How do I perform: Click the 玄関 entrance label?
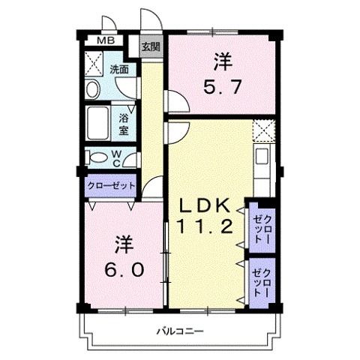tap(151, 46)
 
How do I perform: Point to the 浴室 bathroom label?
tap(124, 124)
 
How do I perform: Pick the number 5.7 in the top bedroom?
tap(221, 87)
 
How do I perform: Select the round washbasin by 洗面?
tap(92, 90)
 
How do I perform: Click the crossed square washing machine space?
tap(95, 63)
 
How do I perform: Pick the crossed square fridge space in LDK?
tap(263, 130)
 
